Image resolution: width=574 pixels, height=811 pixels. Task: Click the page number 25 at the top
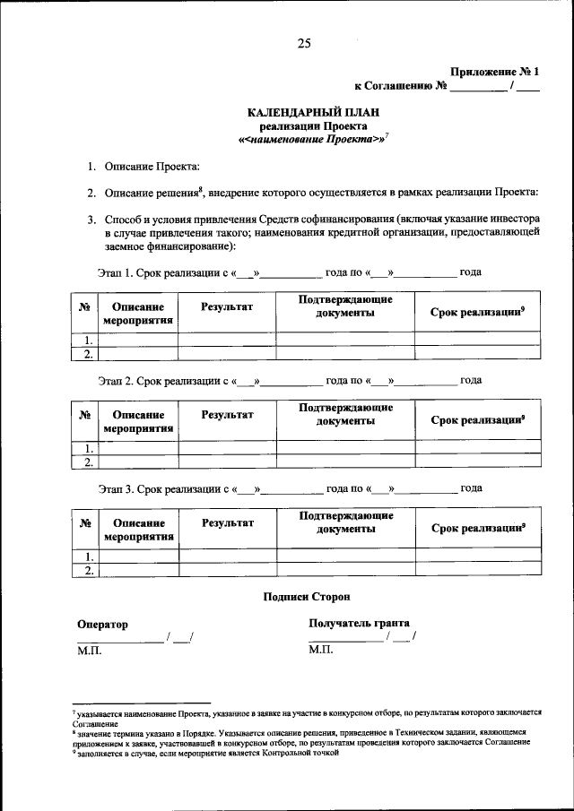303,41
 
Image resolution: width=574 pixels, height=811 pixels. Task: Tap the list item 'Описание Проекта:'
152,167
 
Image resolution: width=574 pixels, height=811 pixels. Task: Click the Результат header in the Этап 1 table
227,307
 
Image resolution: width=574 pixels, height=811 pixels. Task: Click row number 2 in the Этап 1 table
87,355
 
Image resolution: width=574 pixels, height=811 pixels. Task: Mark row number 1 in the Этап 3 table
87,556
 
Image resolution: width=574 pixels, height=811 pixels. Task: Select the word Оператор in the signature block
102,624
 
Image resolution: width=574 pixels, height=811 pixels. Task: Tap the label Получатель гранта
359,623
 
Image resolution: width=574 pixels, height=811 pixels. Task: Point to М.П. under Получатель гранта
320,650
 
